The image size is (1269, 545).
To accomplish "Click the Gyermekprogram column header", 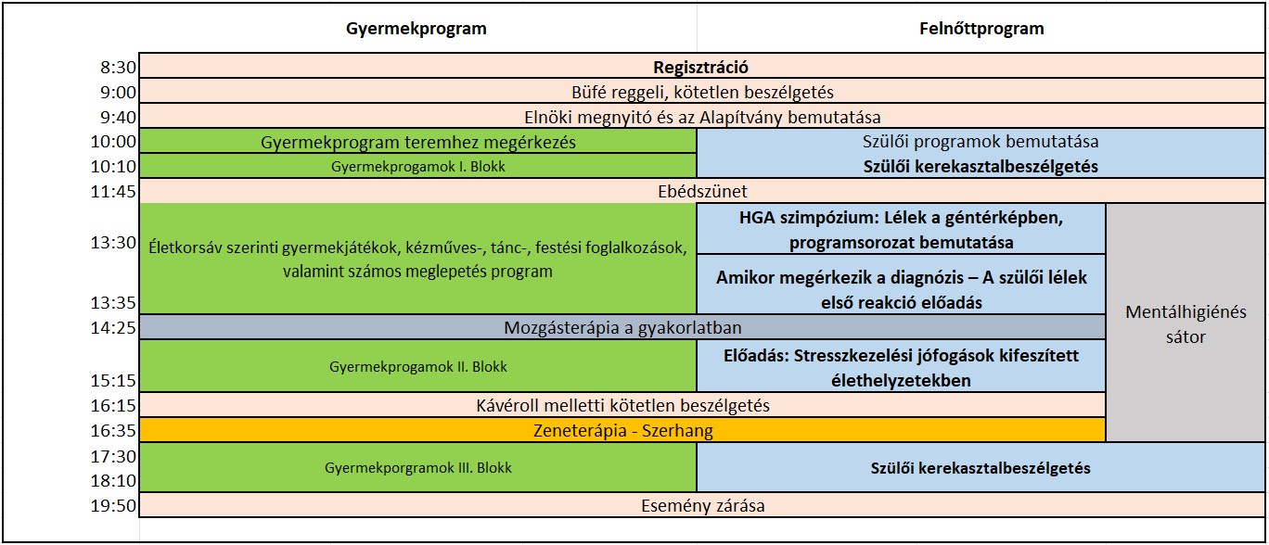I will [x=416, y=29].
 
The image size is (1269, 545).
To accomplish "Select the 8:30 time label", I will [x=119, y=68].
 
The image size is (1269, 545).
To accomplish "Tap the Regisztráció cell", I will [x=700, y=67].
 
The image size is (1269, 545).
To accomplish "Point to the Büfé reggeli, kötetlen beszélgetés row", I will [x=700, y=92].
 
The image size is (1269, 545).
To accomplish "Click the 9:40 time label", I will [x=119, y=117].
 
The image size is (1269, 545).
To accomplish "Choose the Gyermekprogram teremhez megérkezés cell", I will [x=418, y=142].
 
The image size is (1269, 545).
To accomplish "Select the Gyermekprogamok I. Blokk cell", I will [x=418, y=167].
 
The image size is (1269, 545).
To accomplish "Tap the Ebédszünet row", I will [x=700, y=191].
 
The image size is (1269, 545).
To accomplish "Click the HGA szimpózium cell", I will [x=901, y=229].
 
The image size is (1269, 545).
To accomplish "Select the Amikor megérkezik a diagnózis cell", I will [x=901, y=289].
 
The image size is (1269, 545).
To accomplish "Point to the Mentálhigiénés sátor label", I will [x=1186, y=323].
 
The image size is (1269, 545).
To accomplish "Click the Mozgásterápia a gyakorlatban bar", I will [x=622, y=327].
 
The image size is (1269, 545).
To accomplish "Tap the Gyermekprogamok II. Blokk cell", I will [x=418, y=366].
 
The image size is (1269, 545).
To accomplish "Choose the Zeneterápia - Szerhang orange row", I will [x=622, y=430].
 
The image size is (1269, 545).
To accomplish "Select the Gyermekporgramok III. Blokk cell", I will [x=418, y=468].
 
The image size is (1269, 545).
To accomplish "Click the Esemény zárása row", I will [x=700, y=506].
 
